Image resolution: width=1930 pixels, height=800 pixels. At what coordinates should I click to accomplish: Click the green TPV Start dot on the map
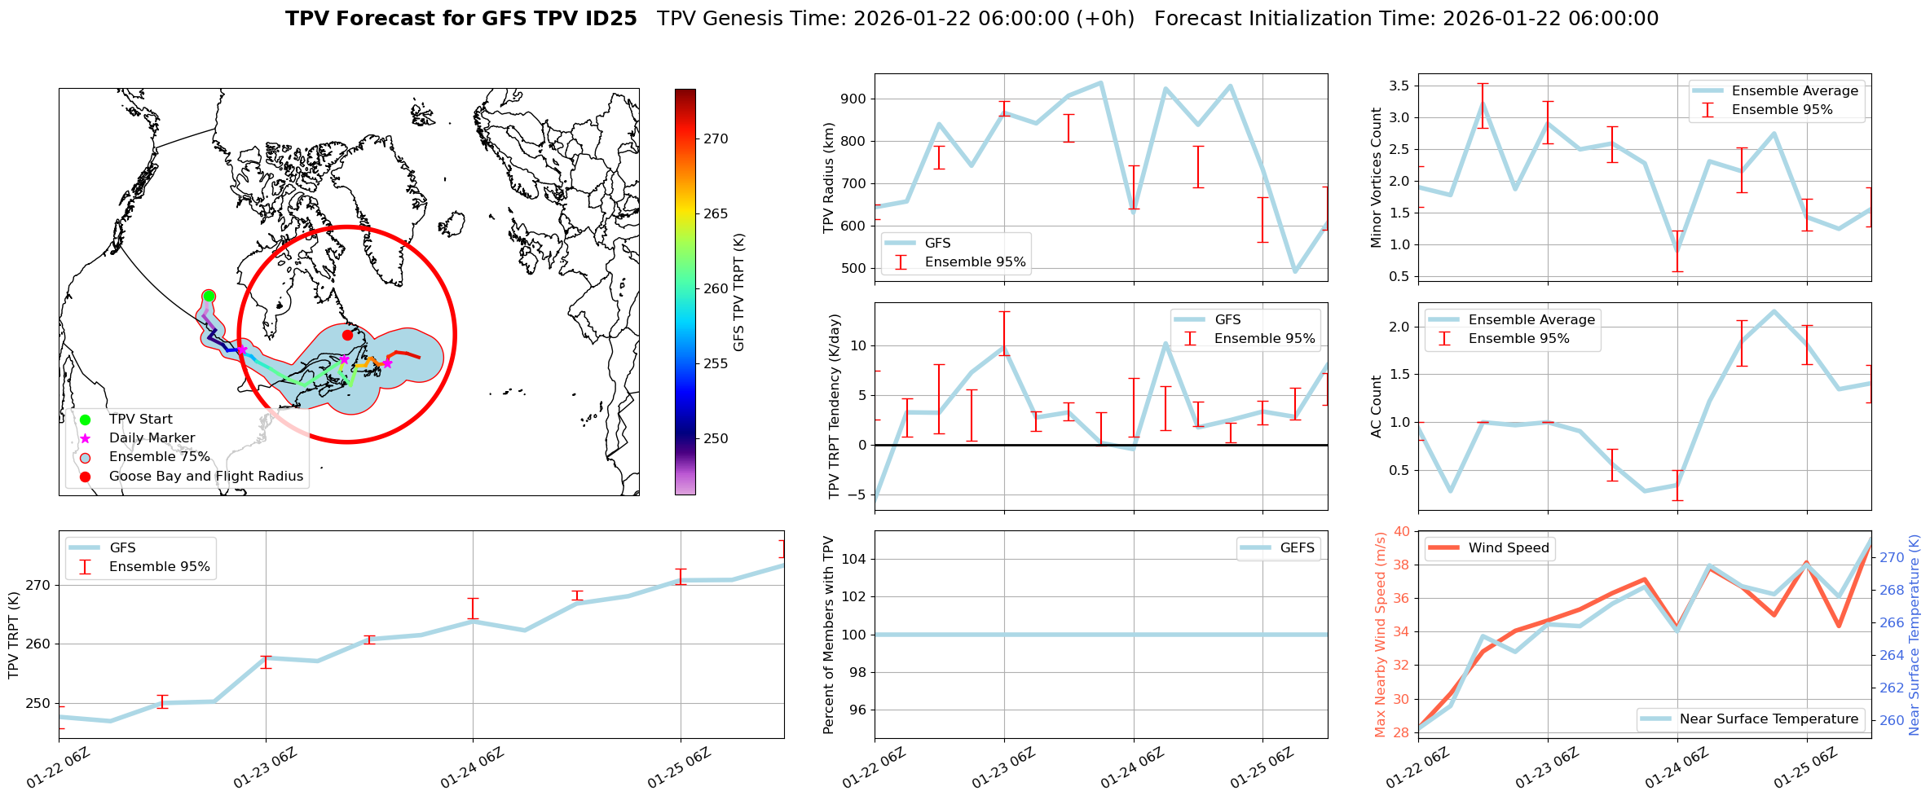[x=209, y=296]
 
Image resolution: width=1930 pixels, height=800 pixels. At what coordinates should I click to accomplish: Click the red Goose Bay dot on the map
[x=347, y=335]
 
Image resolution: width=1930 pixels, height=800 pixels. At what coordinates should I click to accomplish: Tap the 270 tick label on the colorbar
[x=716, y=139]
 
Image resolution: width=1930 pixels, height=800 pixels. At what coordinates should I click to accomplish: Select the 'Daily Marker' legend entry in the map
[x=152, y=438]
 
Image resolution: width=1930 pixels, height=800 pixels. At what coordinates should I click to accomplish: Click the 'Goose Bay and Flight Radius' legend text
[x=205, y=477]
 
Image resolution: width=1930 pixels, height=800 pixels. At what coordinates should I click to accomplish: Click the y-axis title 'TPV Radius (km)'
[x=830, y=178]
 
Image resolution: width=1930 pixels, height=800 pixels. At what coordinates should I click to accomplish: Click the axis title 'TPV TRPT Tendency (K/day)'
[x=835, y=407]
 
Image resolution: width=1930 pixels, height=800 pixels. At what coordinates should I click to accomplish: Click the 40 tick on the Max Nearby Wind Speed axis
[x=1402, y=531]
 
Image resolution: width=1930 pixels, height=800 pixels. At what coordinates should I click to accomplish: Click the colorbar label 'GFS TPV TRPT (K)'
[x=739, y=292]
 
